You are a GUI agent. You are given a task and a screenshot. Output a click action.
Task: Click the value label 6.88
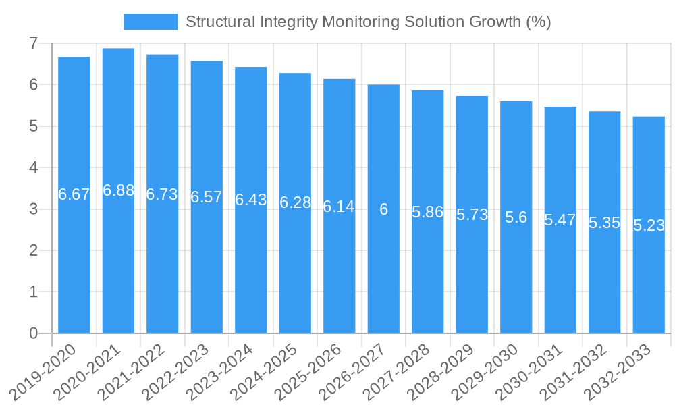[x=118, y=190]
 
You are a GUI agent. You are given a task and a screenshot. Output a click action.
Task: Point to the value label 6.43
[x=251, y=200]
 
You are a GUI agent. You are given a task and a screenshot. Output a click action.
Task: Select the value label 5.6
[x=516, y=217]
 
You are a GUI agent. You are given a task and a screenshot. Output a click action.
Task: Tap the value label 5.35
[x=605, y=223]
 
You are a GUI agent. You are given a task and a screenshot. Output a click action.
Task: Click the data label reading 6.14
[x=339, y=207]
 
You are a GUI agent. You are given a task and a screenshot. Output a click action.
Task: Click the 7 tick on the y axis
[x=33, y=44]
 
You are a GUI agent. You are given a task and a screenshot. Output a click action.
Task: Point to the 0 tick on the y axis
[x=33, y=333]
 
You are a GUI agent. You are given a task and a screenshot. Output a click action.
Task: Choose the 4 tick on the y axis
[x=33, y=168]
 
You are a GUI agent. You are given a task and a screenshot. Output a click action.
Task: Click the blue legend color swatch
[x=150, y=22]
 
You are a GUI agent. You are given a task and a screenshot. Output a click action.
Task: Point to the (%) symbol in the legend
[x=538, y=22]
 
